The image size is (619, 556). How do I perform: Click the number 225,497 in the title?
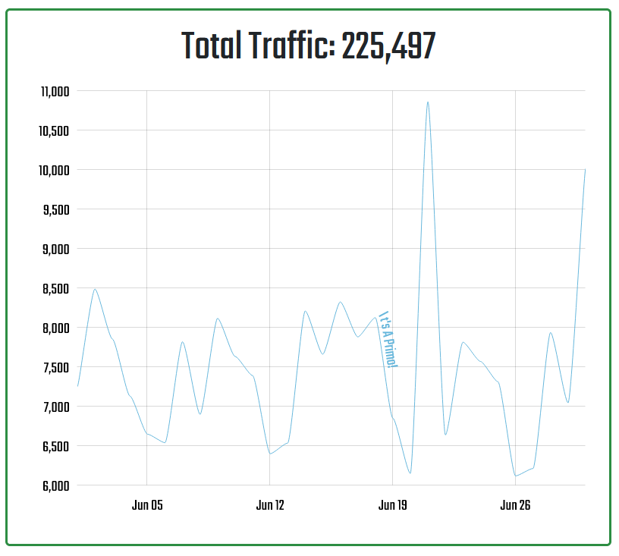coord(388,48)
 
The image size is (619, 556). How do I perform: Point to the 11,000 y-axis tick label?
coord(55,91)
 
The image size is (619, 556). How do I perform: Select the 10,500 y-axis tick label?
coord(55,130)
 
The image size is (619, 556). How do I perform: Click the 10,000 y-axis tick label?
coord(55,170)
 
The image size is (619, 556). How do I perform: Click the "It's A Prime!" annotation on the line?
coord(388,340)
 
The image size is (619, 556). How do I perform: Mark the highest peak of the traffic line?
coord(428,102)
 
